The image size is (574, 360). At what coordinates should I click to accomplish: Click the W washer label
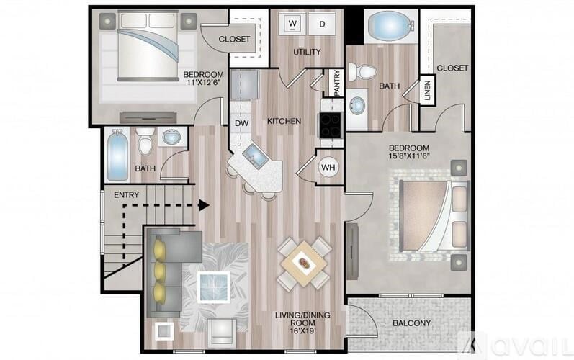293,24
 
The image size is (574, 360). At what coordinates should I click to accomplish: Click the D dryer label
322,24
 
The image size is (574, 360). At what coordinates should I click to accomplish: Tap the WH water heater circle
328,168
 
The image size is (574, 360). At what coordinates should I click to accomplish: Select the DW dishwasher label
241,123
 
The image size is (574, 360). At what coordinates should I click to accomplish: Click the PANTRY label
336,83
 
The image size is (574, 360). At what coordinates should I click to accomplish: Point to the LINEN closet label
426,89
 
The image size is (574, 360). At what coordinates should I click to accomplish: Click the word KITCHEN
284,121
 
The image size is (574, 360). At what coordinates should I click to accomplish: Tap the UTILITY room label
306,52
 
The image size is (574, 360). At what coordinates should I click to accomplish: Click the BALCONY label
411,323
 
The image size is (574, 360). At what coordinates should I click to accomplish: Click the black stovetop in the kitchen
331,125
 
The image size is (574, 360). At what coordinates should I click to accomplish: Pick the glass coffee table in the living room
214,287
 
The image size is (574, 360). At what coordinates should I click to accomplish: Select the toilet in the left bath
145,143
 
